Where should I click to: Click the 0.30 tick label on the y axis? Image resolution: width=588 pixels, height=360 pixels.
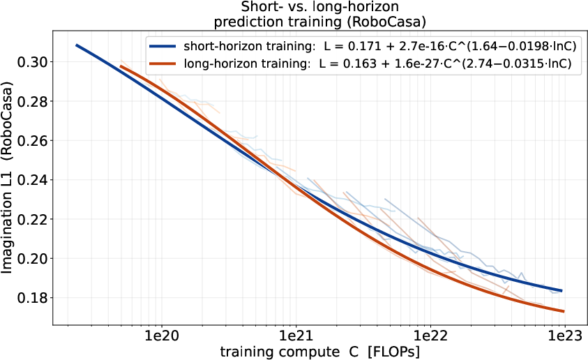[x=33, y=62]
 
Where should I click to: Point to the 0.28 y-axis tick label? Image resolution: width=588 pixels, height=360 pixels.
[x=33, y=101]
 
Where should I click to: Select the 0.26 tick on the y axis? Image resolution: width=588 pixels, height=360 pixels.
[x=33, y=141]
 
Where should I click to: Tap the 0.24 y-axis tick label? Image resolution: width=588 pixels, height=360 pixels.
[x=33, y=180]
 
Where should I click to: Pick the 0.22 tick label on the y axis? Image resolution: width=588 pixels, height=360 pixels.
[x=33, y=219]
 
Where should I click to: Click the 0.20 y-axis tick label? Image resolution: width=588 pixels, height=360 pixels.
[x=33, y=259]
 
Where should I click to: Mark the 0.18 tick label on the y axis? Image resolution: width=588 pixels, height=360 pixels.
[x=33, y=298]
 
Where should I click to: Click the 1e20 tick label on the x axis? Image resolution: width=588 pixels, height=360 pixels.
[x=161, y=336]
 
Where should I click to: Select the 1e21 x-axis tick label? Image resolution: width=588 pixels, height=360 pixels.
[x=296, y=336]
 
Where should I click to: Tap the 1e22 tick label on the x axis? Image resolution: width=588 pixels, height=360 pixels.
[x=430, y=336]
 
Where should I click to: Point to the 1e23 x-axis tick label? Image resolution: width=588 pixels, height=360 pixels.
[x=564, y=336]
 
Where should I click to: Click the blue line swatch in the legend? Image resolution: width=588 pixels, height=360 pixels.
[x=163, y=47]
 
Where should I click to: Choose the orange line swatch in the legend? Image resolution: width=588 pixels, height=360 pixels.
[x=163, y=63]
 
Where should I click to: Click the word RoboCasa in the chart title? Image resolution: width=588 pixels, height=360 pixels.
[x=385, y=22]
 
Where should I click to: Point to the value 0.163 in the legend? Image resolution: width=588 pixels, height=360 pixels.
[x=360, y=63]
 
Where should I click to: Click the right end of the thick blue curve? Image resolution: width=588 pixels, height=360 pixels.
[x=561, y=291]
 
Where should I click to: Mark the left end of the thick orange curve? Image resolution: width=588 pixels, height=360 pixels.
[x=121, y=66]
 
